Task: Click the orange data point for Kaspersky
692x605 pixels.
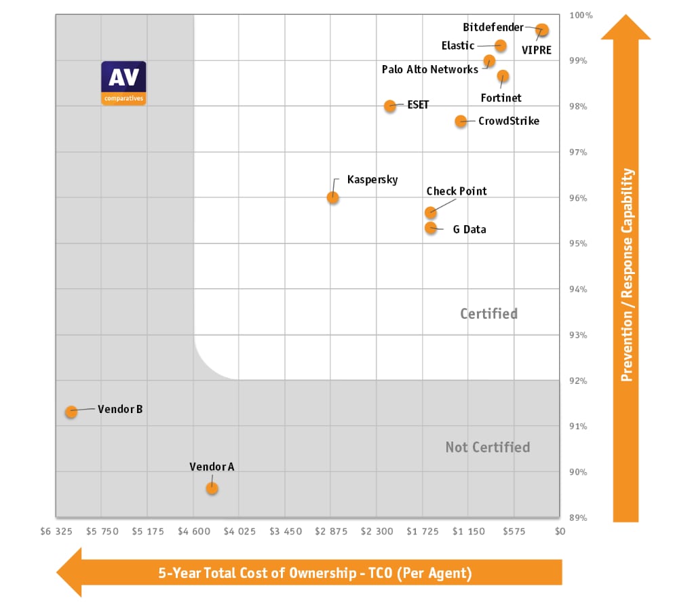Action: pos(332,197)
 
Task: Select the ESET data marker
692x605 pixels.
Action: pos(390,106)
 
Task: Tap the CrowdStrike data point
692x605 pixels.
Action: pos(461,121)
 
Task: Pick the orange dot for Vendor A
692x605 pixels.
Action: pos(212,488)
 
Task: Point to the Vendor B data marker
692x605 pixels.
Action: pos(71,412)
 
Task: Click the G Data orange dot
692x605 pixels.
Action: pos(431,227)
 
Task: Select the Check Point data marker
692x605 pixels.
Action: pos(431,212)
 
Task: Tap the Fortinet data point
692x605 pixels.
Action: pos(503,75)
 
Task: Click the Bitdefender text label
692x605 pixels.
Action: pos(493,27)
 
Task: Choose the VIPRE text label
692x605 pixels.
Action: pos(536,50)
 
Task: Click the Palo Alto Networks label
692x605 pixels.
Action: pos(429,69)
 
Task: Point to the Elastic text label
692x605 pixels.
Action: pos(458,45)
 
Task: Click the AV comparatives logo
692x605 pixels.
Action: pos(123,83)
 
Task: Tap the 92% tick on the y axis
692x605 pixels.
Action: pos(578,380)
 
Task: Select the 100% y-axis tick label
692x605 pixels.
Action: pos(580,15)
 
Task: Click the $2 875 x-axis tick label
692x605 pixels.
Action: pos(330,531)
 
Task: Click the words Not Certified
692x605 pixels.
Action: pos(487,447)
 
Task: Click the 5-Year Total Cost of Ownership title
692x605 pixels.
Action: pos(314,572)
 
